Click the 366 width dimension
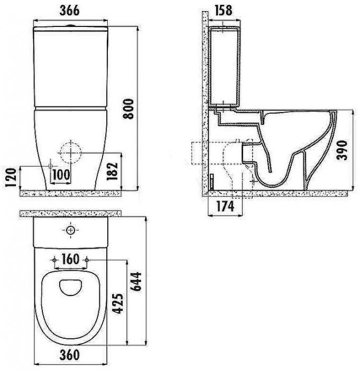tap(70, 11)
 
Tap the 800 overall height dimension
tap(129, 109)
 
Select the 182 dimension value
tap(112, 171)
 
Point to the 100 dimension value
tap(61, 174)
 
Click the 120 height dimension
tap(11, 177)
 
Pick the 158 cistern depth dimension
tap(224, 11)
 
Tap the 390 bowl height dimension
tap(342, 150)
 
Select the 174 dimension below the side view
tap(225, 206)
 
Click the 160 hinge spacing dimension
tap(70, 259)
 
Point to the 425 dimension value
tap(117, 304)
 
